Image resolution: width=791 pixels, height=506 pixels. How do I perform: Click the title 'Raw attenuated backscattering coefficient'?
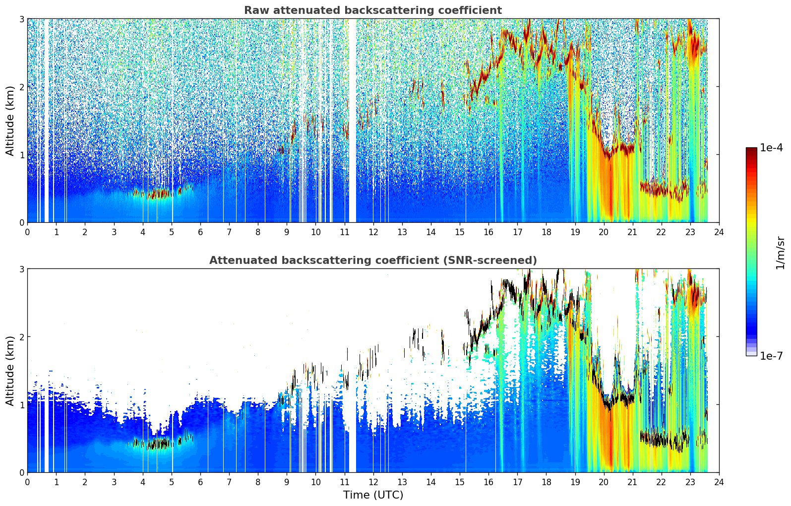[373, 10]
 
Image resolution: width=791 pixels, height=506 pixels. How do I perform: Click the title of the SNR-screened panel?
[373, 260]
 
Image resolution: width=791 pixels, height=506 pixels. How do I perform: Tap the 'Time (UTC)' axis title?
[373, 495]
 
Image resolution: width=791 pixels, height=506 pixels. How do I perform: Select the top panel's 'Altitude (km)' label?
[10, 121]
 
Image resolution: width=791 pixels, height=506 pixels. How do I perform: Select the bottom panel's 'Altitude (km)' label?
[10, 371]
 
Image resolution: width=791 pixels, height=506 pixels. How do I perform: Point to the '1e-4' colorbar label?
[771, 148]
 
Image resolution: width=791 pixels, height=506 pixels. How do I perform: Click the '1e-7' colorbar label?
[771, 356]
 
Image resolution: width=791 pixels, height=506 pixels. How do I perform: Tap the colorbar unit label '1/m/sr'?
[780, 253]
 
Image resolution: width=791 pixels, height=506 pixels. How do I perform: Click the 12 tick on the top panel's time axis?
[373, 232]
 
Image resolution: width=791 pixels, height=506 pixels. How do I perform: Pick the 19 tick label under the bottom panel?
[575, 482]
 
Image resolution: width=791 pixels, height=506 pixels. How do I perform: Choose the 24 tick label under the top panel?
[719, 232]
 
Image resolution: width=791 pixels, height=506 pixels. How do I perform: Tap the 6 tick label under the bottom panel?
[200, 482]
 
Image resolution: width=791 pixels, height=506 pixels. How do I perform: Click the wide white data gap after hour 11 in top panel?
[353, 121]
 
